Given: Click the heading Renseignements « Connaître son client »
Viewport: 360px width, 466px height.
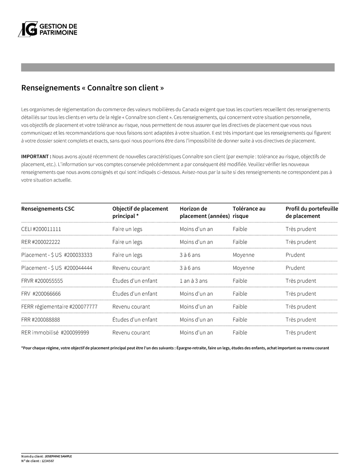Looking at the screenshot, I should point(93,88).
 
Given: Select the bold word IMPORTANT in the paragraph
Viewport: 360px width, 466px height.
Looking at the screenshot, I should point(36,157).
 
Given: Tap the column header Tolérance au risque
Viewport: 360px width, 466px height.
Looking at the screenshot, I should point(249,212).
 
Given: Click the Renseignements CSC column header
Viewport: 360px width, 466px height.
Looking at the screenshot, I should point(48,209).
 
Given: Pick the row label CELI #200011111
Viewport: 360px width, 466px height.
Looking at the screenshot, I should point(41,229).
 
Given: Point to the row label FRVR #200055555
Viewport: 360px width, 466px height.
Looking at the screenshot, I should point(42,281).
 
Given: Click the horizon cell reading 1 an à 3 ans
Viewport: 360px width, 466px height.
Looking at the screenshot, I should point(194,281).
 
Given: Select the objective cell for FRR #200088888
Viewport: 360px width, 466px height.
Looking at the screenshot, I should point(135,320).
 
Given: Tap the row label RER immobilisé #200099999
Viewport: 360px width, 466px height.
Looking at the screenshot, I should point(55,333).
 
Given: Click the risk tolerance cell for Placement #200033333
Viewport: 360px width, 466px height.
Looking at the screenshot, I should point(243,255).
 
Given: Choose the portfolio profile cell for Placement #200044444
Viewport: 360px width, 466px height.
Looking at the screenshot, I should point(295,268).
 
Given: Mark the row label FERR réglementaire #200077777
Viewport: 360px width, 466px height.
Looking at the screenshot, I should point(59,307).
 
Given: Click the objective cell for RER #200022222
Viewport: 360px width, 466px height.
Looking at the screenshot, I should point(127,242).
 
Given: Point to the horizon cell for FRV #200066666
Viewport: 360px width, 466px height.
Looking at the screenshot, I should point(196,294).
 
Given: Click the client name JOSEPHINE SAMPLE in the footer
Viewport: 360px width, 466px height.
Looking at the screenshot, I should point(58,456).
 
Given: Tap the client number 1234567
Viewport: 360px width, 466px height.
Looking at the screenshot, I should point(48,461).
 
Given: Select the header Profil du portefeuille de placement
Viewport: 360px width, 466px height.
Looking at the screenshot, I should point(312,212).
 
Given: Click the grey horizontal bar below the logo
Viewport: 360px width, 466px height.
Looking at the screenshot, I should point(178,67).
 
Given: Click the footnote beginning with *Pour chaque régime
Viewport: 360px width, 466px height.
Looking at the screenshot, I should point(175,348).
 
